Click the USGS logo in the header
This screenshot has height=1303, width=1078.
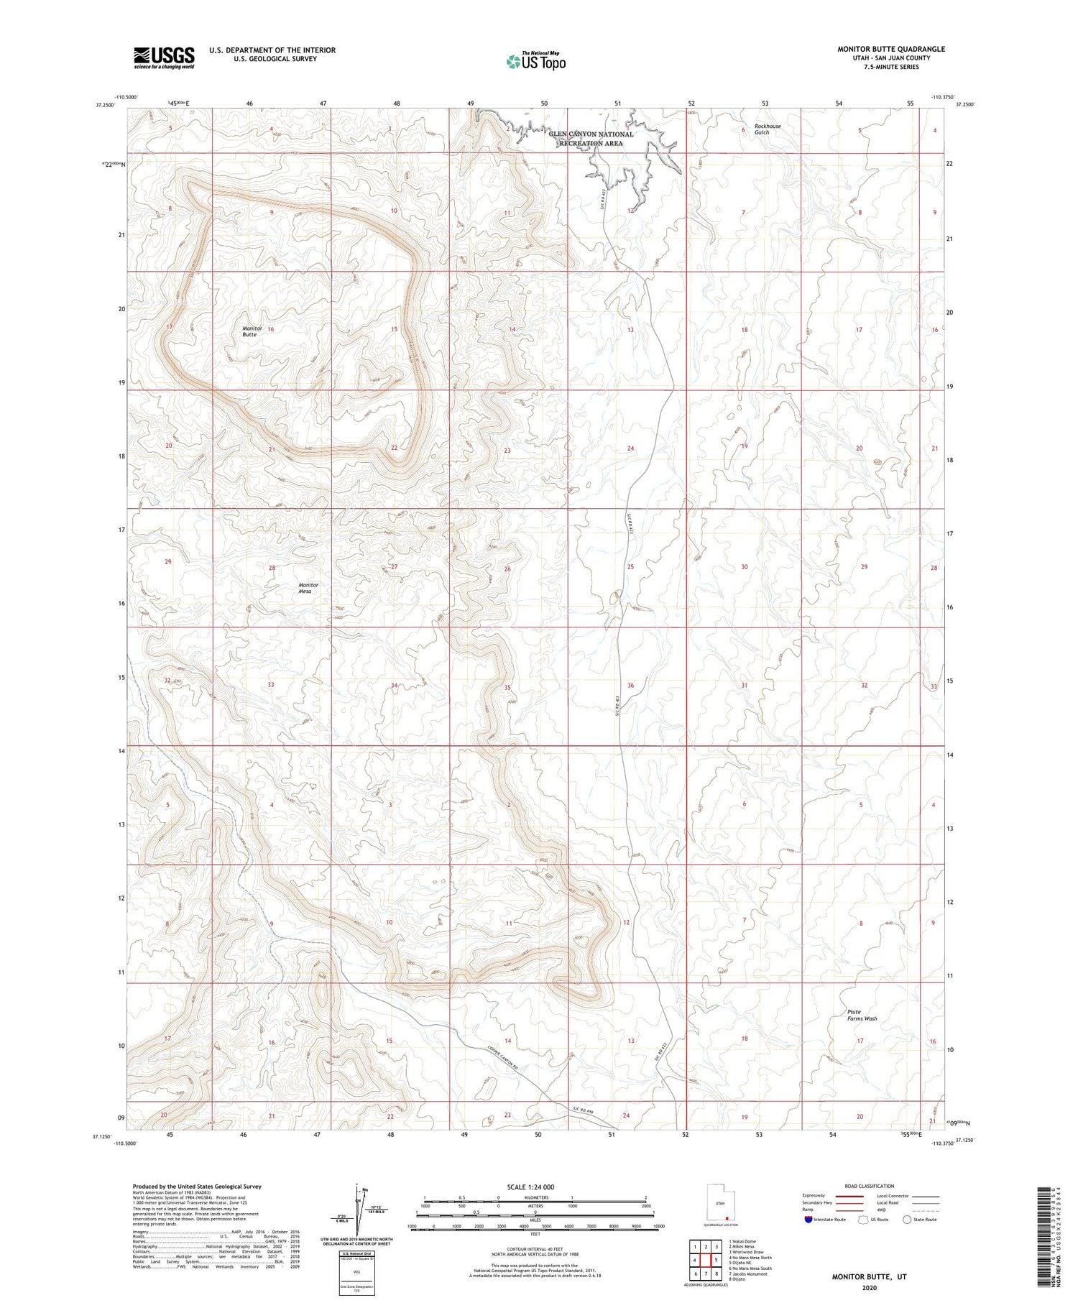pyautogui.click(x=164, y=57)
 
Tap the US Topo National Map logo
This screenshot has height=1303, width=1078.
pyautogui.click(x=535, y=61)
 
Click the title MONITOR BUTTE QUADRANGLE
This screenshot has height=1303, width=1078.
pyautogui.click(x=890, y=49)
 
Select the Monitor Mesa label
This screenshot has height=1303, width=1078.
pyautogui.click(x=308, y=588)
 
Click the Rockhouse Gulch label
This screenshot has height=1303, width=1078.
pyautogui.click(x=767, y=129)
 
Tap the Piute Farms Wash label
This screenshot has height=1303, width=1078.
pyautogui.click(x=862, y=1015)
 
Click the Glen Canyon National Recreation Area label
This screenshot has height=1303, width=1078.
pyautogui.click(x=591, y=139)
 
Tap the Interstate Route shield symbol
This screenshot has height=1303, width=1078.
pyautogui.click(x=808, y=1220)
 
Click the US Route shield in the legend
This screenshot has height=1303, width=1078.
pyautogui.click(x=862, y=1220)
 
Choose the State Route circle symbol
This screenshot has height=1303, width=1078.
pyautogui.click(x=907, y=1220)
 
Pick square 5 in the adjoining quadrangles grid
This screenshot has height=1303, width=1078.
pyautogui.click(x=715, y=1260)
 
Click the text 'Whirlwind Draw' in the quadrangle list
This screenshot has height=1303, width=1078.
pyautogui.click(x=749, y=1252)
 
